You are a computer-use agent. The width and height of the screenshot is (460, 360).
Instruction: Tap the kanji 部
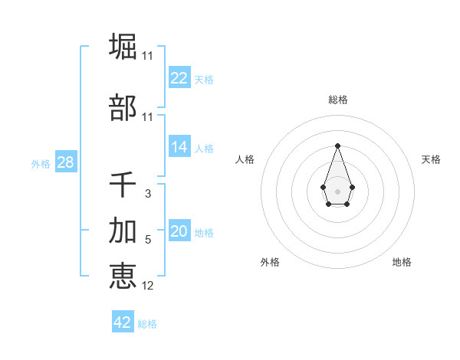click(123, 108)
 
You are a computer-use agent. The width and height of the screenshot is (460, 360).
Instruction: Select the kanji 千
click(123, 185)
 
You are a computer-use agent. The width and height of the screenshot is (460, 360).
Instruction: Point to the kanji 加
click(123, 230)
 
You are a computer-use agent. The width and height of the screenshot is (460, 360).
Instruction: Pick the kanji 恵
click(123, 276)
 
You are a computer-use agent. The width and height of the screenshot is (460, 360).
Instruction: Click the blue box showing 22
click(179, 78)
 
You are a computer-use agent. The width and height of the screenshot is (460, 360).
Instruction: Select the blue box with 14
click(179, 147)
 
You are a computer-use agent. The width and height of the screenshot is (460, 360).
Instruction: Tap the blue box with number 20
click(179, 232)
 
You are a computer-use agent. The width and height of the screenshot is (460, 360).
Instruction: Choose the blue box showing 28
click(65, 162)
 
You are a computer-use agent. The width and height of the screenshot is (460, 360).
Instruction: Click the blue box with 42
click(123, 322)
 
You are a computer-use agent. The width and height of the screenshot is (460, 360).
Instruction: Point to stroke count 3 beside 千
click(147, 194)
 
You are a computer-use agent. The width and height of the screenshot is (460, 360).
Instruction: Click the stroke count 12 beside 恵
click(147, 286)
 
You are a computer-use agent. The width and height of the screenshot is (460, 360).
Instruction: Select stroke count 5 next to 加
click(148, 240)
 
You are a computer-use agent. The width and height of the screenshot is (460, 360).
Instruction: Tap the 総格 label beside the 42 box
click(147, 324)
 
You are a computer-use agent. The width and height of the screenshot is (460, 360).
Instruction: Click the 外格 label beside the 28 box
click(41, 164)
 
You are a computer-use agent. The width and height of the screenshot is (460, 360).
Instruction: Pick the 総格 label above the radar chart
click(337, 100)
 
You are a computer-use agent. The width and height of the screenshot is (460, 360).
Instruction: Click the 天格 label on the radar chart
click(431, 159)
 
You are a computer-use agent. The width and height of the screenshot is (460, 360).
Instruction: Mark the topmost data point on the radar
click(337, 145)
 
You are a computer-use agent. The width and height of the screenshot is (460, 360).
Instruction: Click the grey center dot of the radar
click(337, 190)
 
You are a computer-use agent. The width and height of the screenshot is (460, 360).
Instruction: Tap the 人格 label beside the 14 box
click(204, 149)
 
